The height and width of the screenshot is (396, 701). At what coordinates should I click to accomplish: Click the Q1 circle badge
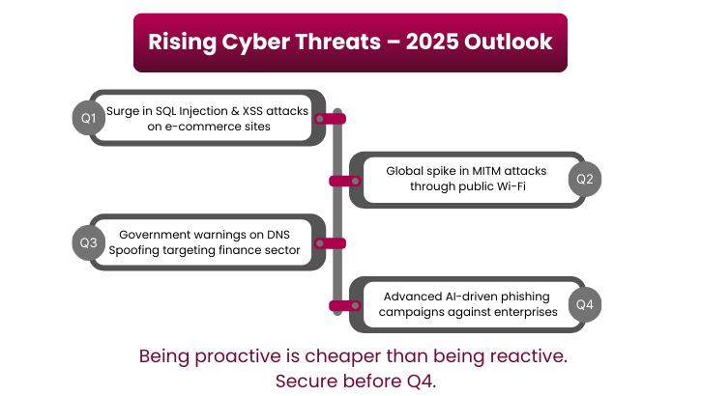[x=88, y=118]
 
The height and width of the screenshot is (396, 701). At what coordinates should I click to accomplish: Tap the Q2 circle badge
[x=584, y=179]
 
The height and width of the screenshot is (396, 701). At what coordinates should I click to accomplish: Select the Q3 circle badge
[x=88, y=242]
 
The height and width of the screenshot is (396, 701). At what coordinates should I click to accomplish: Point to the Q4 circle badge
[x=584, y=305]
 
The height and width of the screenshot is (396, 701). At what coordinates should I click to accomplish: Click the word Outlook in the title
[x=511, y=42]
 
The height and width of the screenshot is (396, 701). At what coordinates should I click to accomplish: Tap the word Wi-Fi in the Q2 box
[x=507, y=185]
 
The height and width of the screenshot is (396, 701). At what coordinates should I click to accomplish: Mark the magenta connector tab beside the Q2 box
[x=341, y=181]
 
